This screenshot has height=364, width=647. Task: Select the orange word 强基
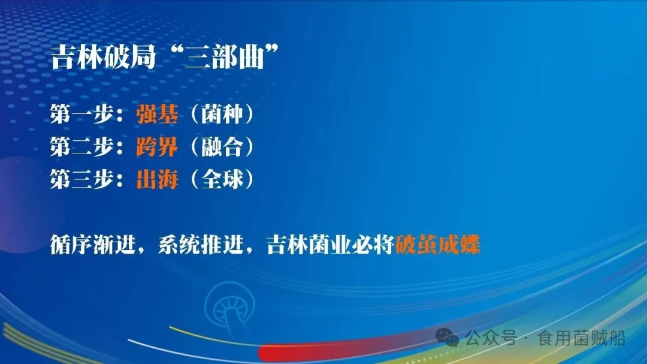[157, 115]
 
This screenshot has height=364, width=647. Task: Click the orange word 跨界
[157, 148]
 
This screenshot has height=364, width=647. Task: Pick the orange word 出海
[157, 180]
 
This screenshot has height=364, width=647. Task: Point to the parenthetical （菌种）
[222, 115]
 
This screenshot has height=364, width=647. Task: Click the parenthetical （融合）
[222, 148]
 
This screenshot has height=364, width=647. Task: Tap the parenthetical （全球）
[222, 180]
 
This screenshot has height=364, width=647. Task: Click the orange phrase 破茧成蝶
[439, 245]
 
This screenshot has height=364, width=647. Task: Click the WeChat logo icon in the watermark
[447, 337]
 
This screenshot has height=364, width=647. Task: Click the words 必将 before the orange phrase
[373, 245]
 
